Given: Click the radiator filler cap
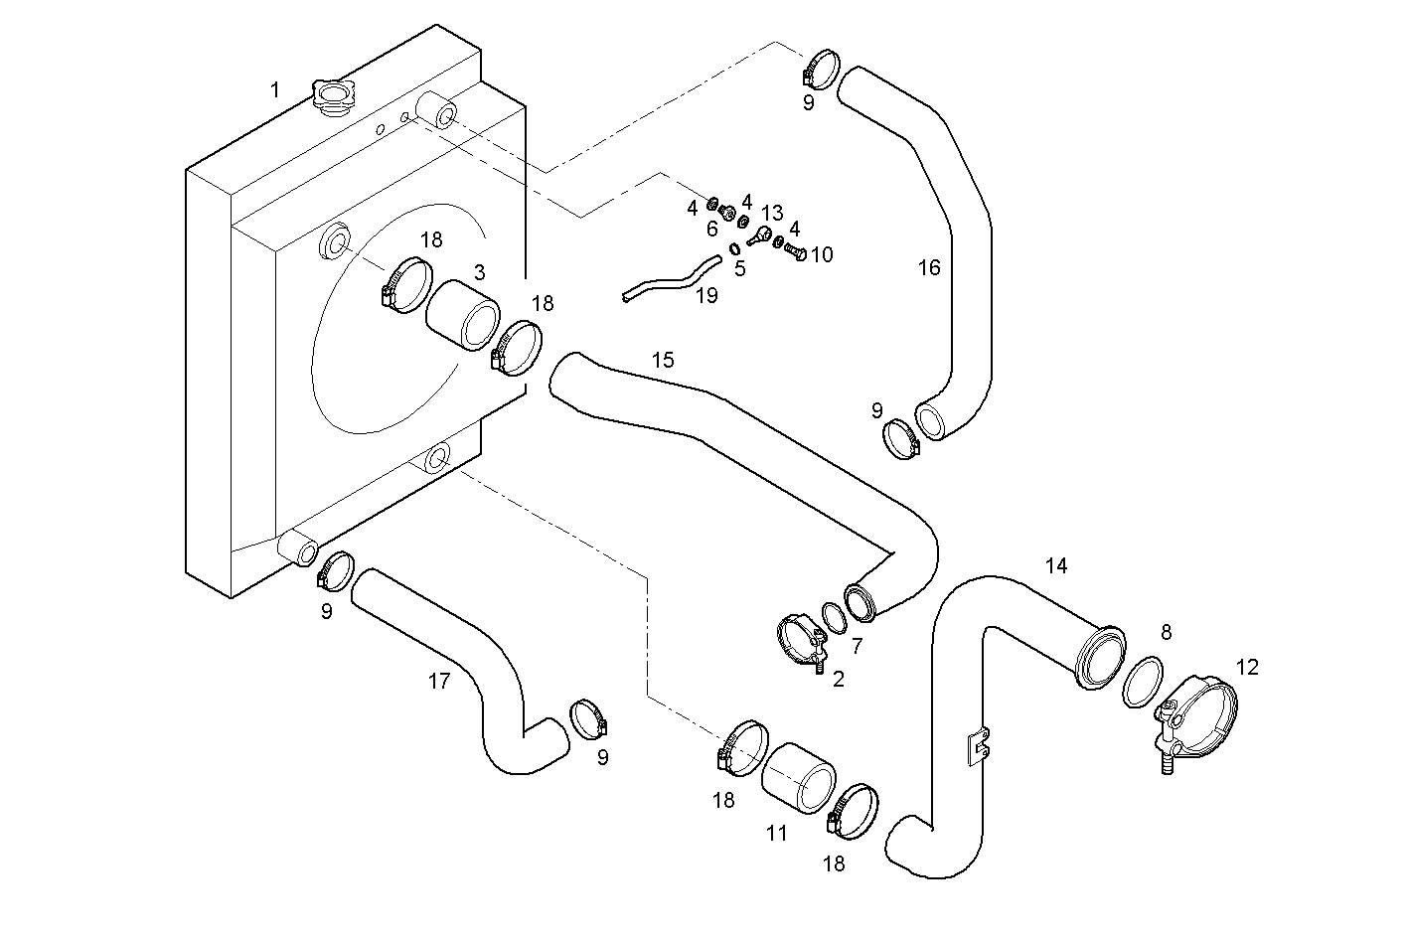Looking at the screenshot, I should coord(332,95).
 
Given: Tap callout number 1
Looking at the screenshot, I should coord(275,90).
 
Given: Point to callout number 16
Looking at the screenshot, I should coord(928,267).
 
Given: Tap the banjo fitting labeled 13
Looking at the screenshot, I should coord(761,235).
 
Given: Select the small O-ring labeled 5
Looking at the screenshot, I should coord(734,247).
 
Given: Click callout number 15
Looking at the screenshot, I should coord(663,360).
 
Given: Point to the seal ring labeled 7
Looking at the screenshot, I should coord(834,618).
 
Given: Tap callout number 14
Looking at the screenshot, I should coord(1056,565).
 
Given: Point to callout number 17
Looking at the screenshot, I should coord(439,681).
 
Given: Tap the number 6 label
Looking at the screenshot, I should coord(711,230).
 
